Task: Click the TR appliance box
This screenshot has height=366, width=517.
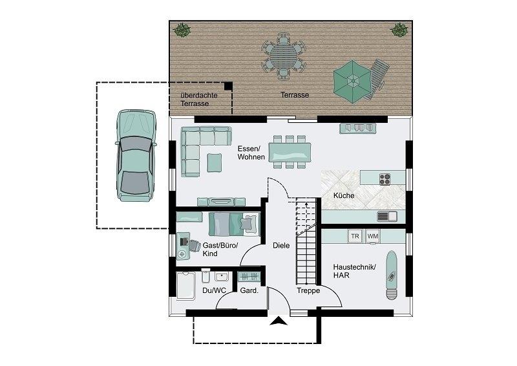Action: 355,236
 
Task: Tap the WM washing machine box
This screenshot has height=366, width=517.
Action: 373,236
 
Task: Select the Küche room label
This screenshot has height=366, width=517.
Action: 344,195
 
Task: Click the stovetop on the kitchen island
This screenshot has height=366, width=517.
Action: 385,179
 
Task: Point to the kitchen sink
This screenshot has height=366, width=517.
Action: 387,217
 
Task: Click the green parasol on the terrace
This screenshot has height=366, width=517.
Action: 352,81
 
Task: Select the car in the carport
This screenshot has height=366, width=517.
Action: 136,155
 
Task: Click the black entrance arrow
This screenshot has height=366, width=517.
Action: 279,321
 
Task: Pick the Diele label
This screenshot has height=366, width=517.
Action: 281,246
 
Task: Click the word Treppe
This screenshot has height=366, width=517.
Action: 308,291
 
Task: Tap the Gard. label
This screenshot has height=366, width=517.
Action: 249,291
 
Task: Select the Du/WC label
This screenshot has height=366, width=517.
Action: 215,291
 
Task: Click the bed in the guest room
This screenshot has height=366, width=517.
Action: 235,224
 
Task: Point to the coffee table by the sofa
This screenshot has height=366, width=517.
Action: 215,163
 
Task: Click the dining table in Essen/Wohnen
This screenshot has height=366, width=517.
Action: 290,152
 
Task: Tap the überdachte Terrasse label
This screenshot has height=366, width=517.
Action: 199,100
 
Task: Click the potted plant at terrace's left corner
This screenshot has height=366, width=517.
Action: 182,30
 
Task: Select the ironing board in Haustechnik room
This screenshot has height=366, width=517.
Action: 392,275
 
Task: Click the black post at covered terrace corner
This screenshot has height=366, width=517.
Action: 228,86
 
